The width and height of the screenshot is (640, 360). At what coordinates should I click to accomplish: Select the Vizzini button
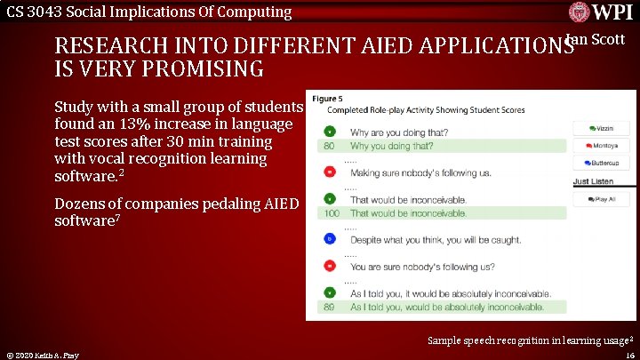click(601, 129)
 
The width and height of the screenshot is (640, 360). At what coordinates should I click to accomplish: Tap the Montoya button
click(601, 146)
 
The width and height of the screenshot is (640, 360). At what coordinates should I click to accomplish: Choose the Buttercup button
click(601, 164)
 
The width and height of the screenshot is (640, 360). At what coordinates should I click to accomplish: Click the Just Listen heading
click(592, 181)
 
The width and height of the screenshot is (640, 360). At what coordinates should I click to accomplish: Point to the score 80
click(329, 146)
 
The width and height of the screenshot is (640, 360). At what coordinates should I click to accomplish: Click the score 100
click(332, 213)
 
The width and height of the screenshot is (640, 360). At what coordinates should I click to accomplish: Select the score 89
click(329, 307)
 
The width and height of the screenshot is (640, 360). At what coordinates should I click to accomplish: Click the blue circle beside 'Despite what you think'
click(329, 239)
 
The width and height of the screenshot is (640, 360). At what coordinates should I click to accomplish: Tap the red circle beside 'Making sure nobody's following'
click(329, 172)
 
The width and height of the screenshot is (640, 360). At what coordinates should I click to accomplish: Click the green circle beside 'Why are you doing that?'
click(329, 132)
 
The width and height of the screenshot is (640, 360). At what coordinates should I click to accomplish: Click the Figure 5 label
click(327, 98)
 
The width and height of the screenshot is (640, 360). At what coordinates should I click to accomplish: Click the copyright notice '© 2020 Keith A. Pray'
click(41, 355)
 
